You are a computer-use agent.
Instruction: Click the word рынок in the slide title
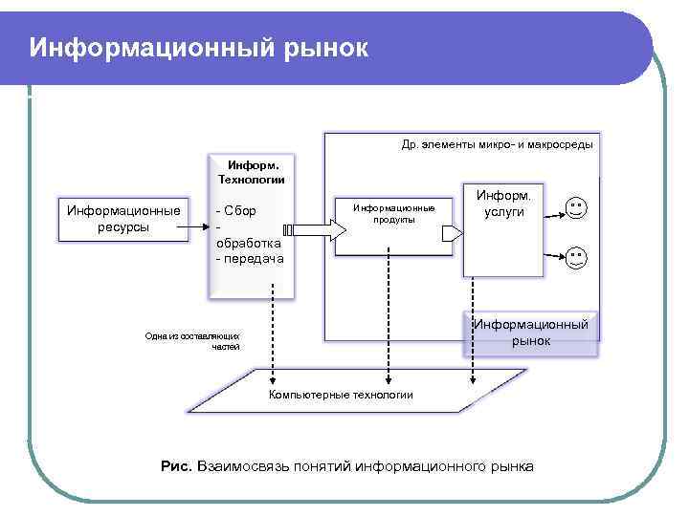(x=325, y=48)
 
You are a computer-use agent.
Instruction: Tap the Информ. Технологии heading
(x=253, y=171)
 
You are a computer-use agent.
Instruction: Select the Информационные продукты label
(x=393, y=213)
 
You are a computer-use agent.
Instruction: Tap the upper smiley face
(x=575, y=208)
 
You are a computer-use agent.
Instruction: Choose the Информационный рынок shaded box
(x=530, y=333)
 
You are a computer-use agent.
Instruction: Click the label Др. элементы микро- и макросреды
(x=497, y=144)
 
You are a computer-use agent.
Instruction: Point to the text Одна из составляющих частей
(x=191, y=341)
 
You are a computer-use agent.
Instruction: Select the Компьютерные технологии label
(x=341, y=395)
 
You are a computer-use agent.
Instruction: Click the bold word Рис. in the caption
(x=177, y=466)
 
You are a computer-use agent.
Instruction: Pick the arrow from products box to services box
(x=451, y=228)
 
